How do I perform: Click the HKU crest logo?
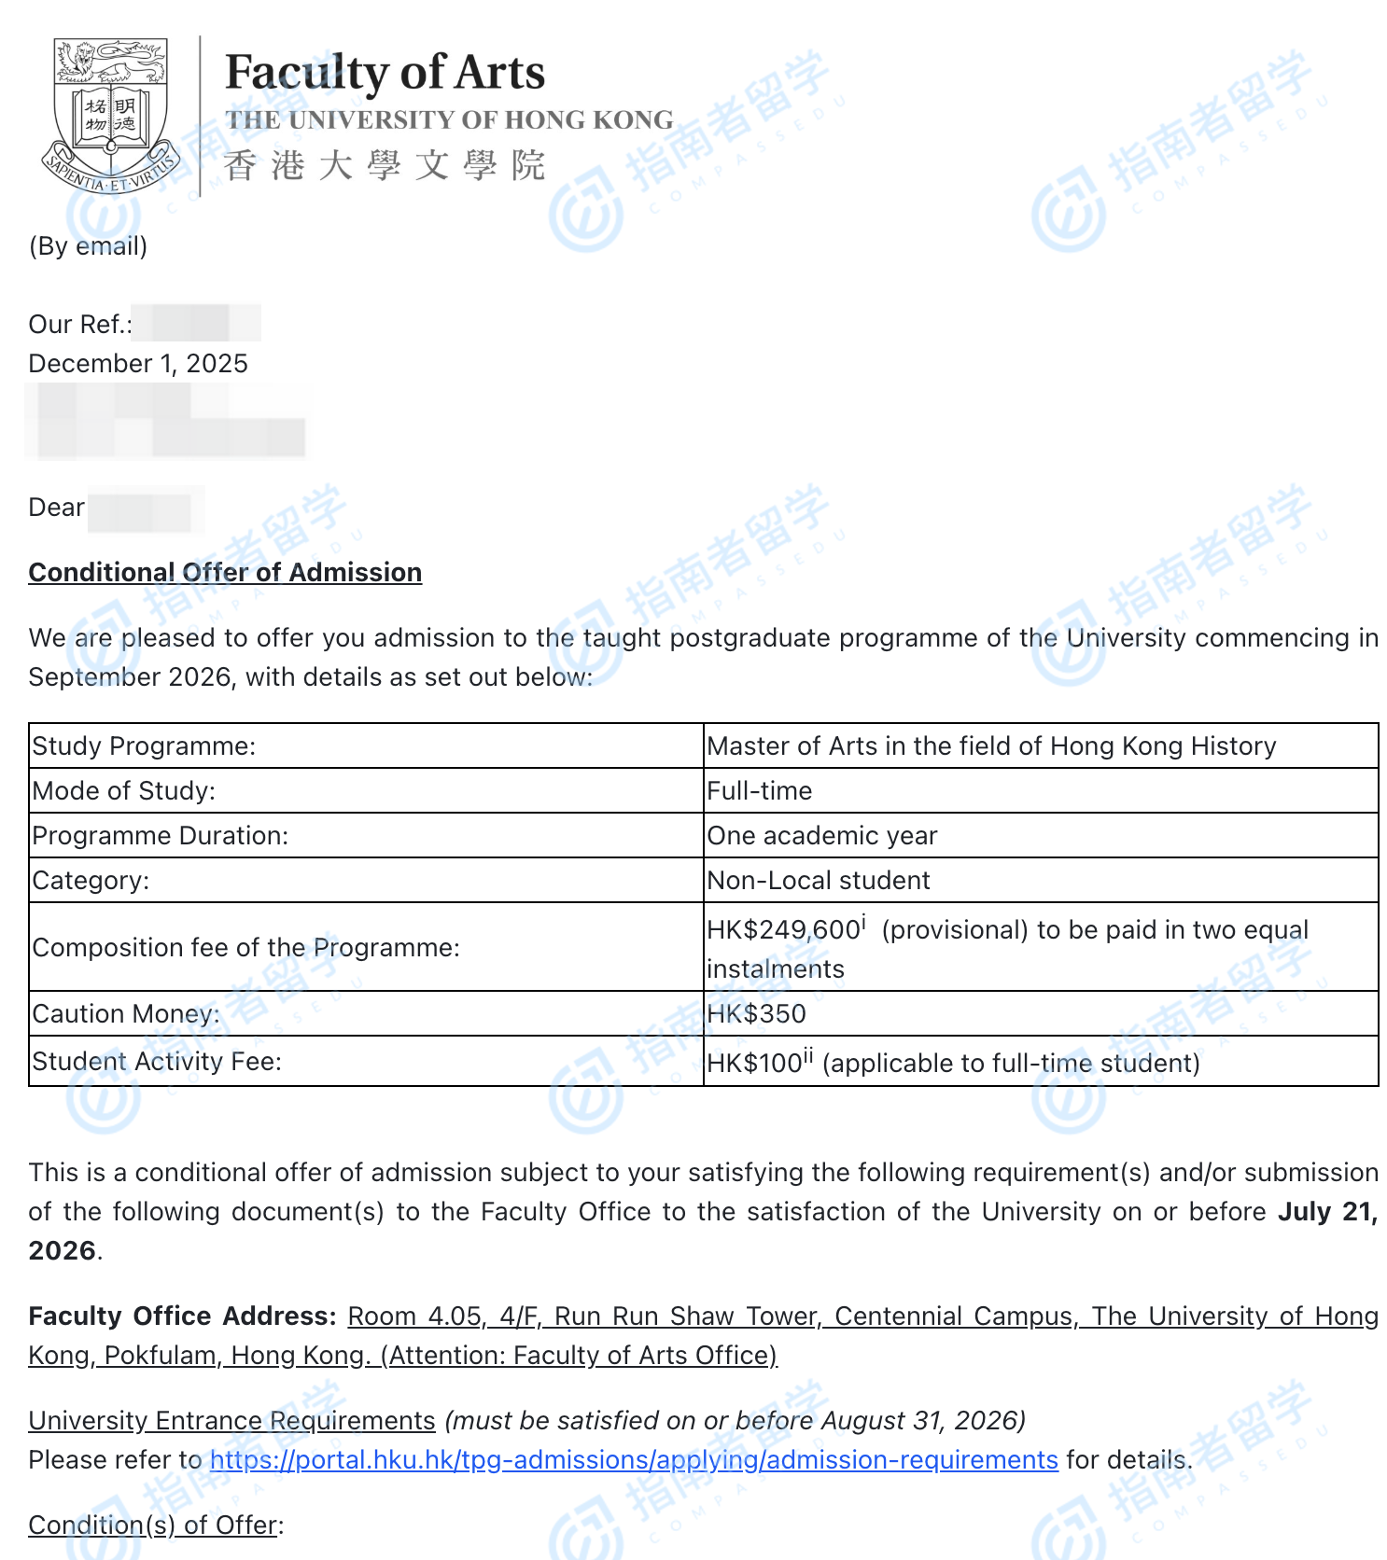tap(110, 114)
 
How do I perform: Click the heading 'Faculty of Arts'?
tap(385, 73)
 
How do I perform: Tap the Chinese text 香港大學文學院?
tap(385, 166)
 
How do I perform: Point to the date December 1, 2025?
tap(138, 364)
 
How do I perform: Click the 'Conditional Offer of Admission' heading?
tap(225, 572)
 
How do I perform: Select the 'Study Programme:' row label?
tap(144, 746)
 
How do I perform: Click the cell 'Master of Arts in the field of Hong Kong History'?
tap(991, 746)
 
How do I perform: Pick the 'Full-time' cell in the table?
tap(759, 791)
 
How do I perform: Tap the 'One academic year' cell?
tap(821, 836)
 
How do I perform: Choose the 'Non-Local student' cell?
tap(818, 881)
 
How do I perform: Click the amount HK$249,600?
tap(782, 930)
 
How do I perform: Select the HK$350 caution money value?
tap(756, 1014)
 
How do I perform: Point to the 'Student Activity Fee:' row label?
tap(157, 1062)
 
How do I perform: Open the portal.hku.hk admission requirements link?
tap(634, 1460)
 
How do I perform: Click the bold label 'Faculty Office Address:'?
tap(182, 1316)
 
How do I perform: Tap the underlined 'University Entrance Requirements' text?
tap(231, 1421)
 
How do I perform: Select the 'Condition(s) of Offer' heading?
tap(153, 1525)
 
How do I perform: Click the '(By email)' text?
tap(88, 246)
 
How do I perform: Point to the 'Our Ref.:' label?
tap(80, 325)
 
